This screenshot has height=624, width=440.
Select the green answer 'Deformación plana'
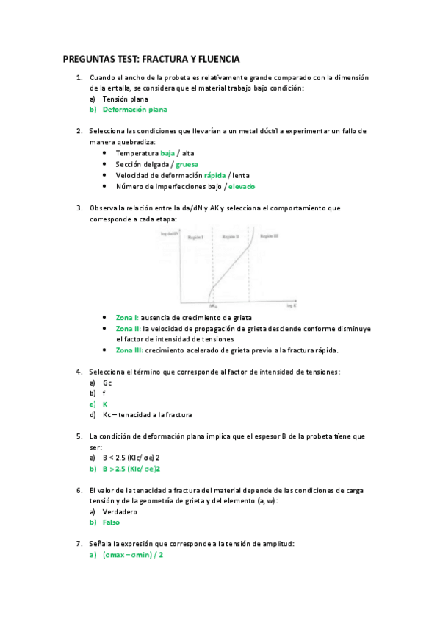[x=134, y=110]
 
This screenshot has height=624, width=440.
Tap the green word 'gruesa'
[x=187, y=164]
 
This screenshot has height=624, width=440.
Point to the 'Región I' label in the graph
[x=195, y=239]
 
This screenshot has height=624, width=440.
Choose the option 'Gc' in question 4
[x=107, y=383]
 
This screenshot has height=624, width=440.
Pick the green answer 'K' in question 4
[x=105, y=404]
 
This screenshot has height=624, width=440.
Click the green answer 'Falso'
[x=111, y=522]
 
